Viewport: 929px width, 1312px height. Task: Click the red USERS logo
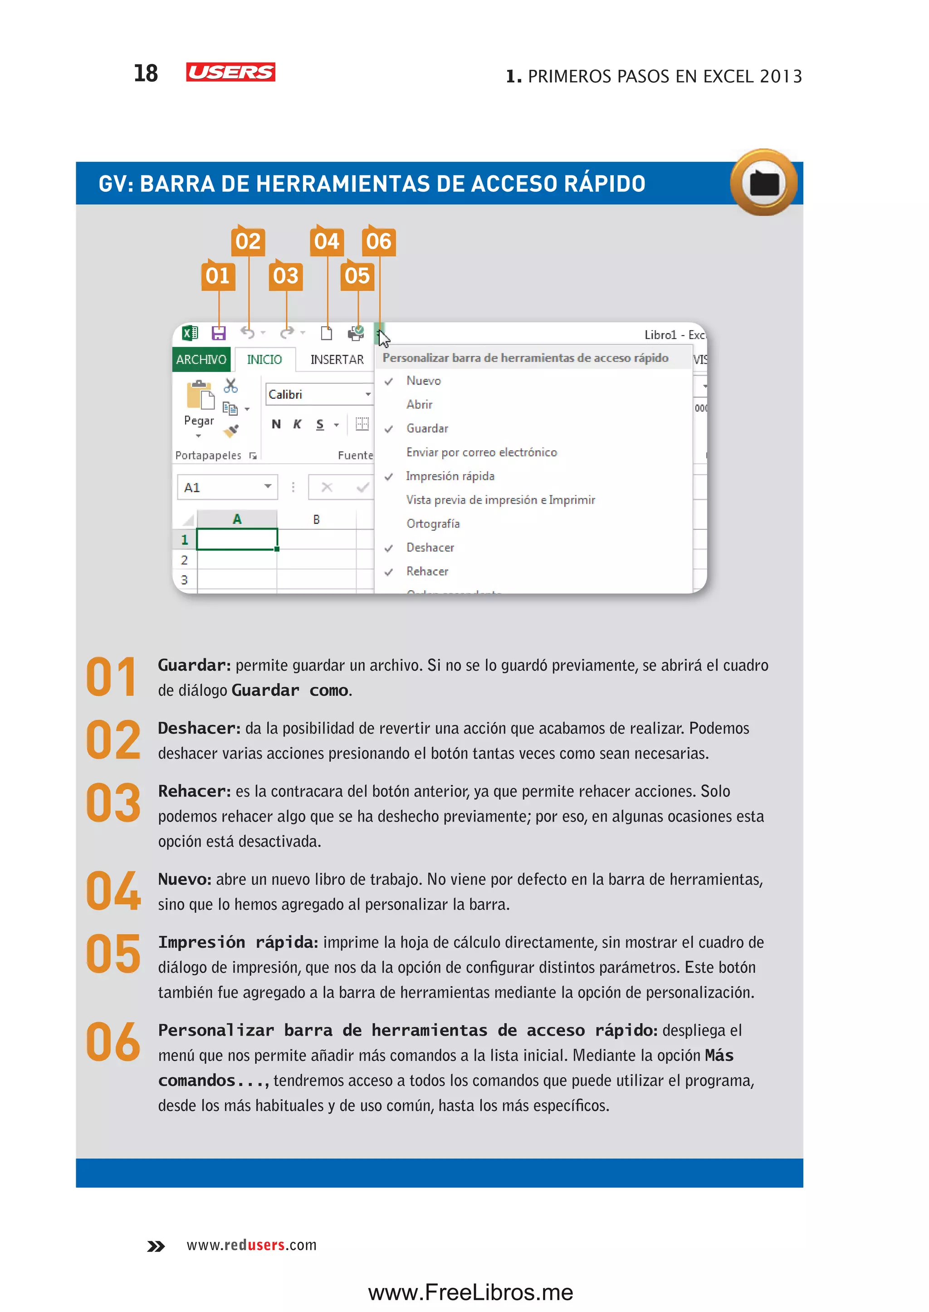(230, 72)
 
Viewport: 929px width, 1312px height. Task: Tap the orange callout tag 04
(327, 241)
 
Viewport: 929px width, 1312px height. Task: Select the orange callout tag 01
(218, 276)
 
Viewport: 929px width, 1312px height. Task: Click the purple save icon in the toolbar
(219, 333)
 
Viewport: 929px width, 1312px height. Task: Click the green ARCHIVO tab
(201, 359)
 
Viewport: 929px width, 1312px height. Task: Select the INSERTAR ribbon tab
(337, 359)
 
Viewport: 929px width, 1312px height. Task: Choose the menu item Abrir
(419, 405)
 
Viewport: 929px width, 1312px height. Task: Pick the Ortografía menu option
(433, 524)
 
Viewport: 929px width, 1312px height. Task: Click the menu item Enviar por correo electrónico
(481, 452)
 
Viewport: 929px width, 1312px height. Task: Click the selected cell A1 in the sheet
(237, 539)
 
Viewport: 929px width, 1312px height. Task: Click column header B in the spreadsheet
(316, 519)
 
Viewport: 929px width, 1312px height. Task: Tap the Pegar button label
(199, 421)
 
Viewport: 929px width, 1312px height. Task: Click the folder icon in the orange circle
(764, 183)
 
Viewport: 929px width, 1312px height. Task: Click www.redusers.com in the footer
(252, 1245)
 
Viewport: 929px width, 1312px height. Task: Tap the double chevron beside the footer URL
(156, 1246)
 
